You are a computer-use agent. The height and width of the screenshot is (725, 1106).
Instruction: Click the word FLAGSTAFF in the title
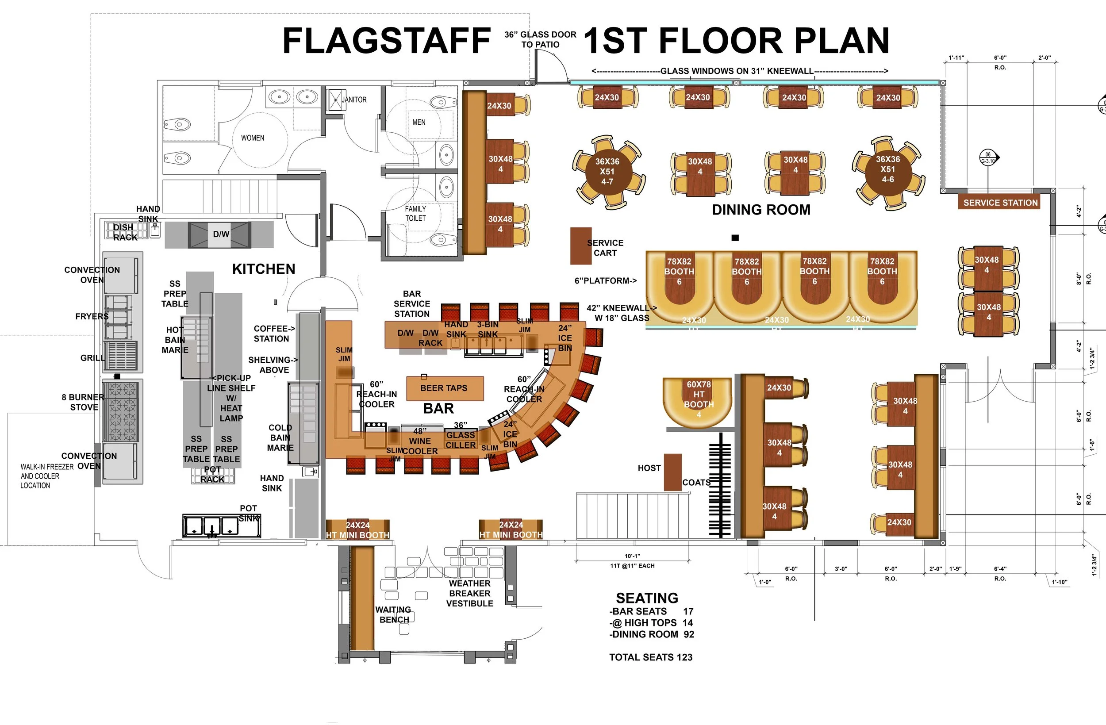(x=386, y=41)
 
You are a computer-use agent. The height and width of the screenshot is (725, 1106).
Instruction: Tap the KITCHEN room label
(x=264, y=269)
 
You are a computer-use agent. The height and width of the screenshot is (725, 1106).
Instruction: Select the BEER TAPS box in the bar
(x=445, y=388)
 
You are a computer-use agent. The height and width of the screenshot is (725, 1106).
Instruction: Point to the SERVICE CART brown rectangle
(x=581, y=246)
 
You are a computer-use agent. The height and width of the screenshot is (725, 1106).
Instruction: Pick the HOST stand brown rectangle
(x=672, y=472)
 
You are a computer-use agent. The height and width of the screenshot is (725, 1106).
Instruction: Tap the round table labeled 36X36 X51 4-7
(x=607, y=172)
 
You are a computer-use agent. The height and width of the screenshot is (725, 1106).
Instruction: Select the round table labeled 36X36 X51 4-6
(x=887, y=169)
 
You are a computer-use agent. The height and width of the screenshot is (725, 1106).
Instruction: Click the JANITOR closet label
(x=354, y=100)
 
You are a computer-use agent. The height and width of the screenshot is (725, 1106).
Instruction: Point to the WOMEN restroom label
(x=252, y=138)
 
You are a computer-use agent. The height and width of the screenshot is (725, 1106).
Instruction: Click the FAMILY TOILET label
(x=415, y=213)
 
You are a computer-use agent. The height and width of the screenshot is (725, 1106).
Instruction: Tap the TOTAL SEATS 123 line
(x=651, y=657)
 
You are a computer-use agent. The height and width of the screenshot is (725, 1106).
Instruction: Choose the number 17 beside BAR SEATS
(x=688, y=611)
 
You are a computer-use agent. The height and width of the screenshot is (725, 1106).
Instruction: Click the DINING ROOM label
(x=761, y=210)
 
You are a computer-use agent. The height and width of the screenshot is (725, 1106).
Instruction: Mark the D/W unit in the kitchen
(x=221, y=234)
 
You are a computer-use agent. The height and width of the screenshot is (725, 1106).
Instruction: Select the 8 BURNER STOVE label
(x=83, y=402)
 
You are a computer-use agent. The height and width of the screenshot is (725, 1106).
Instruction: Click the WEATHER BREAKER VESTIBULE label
(x=469, y=594)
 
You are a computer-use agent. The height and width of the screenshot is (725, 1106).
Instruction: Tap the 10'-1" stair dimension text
(x=632, y=556)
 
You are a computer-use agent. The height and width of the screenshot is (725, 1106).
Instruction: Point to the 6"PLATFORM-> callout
(x=606, y=281)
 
